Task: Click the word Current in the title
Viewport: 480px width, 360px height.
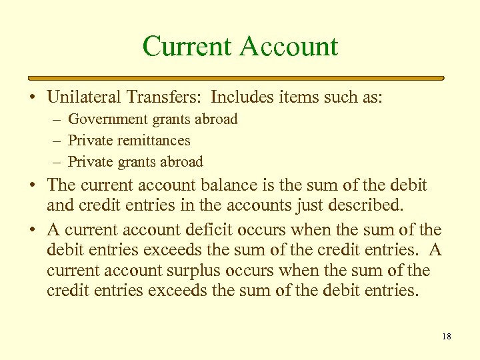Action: click(x=187, y=47)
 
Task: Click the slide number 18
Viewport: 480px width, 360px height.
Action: click(x=446, y=337)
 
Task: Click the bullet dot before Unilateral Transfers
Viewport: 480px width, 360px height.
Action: click(x=32, y=98)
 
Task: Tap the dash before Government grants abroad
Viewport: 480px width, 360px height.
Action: click(x=56, y=120)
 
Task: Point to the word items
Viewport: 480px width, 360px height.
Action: click(x=296, y=97)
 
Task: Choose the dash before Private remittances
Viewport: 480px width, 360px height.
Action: click(x=56, y=141)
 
